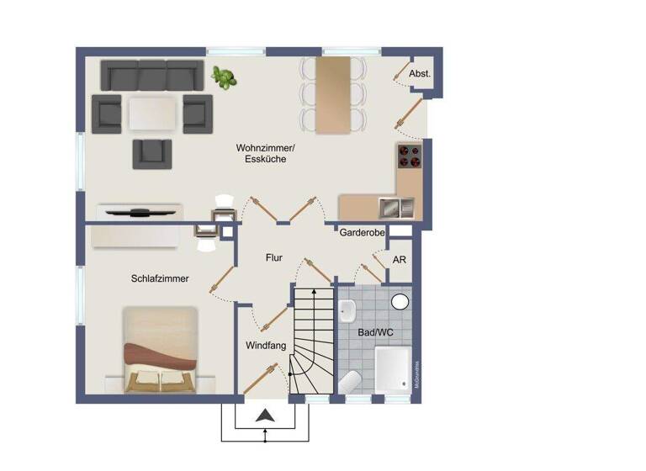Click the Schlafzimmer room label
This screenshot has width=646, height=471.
pos(159,278)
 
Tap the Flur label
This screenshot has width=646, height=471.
pos(273,258)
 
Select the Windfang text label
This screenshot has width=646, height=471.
pos(266,345)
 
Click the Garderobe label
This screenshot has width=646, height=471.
pos(362,232)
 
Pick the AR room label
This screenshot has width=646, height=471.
pos(400,260)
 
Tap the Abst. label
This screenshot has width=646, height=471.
pos(420,74)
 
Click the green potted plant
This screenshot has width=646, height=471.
pos(224,77)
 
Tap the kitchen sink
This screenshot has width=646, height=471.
pos(395,206)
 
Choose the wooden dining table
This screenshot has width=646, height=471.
pos(335,94)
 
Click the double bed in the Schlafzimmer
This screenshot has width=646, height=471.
pos(161,350)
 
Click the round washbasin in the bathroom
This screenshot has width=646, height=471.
pos(400,301)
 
